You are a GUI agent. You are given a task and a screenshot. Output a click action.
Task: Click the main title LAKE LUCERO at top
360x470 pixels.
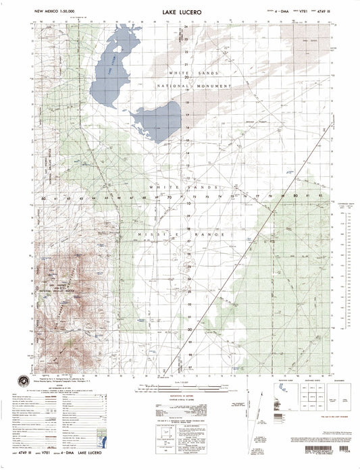(180, 11)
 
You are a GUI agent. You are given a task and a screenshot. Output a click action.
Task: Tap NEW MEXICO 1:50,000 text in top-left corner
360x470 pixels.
(53, 11)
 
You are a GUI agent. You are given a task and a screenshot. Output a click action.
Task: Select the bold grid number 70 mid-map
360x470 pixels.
(170, 199)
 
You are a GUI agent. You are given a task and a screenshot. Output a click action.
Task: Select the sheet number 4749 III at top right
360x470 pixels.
(330, 11)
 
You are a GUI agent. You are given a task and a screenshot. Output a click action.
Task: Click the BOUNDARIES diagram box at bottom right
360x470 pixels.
(340, 392)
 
